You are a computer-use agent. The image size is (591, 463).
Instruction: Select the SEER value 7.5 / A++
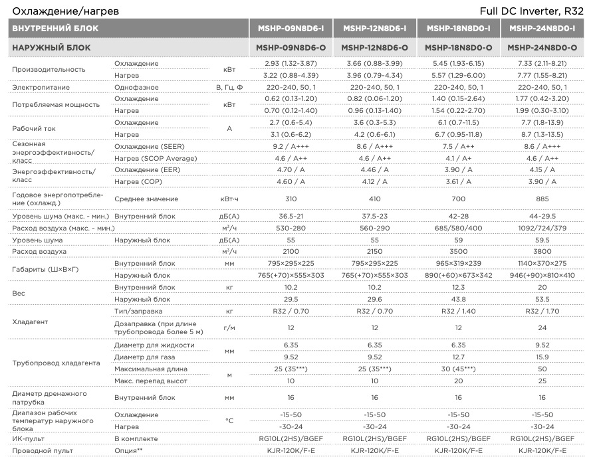[x=458, y=147]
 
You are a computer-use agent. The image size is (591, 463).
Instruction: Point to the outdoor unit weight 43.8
[x=458, y=299]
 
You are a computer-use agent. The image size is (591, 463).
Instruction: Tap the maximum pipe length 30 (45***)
[x=458, y=369]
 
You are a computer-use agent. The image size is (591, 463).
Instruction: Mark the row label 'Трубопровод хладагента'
[x=55, y=363]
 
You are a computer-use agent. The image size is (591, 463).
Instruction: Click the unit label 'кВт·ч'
[x=229, y=199]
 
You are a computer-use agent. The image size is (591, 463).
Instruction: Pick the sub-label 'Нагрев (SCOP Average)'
[x=156, y=158]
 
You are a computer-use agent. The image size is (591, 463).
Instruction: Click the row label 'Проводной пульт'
[x=41, y=451]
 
